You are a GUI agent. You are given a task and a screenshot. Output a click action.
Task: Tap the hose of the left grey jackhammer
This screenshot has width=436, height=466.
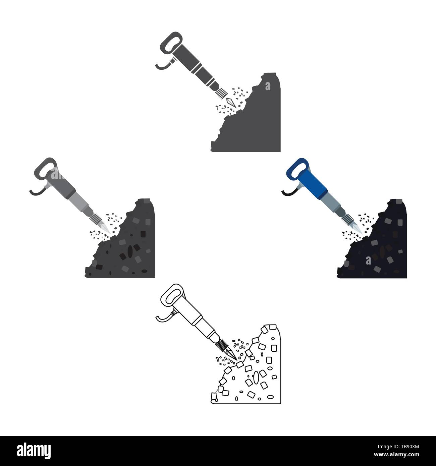click(36, 191)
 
